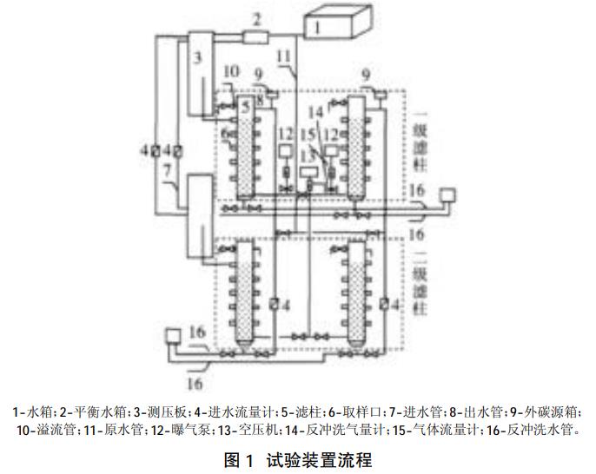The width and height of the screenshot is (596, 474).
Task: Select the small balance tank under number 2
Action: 257,36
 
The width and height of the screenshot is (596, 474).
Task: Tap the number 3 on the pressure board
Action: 197,57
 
